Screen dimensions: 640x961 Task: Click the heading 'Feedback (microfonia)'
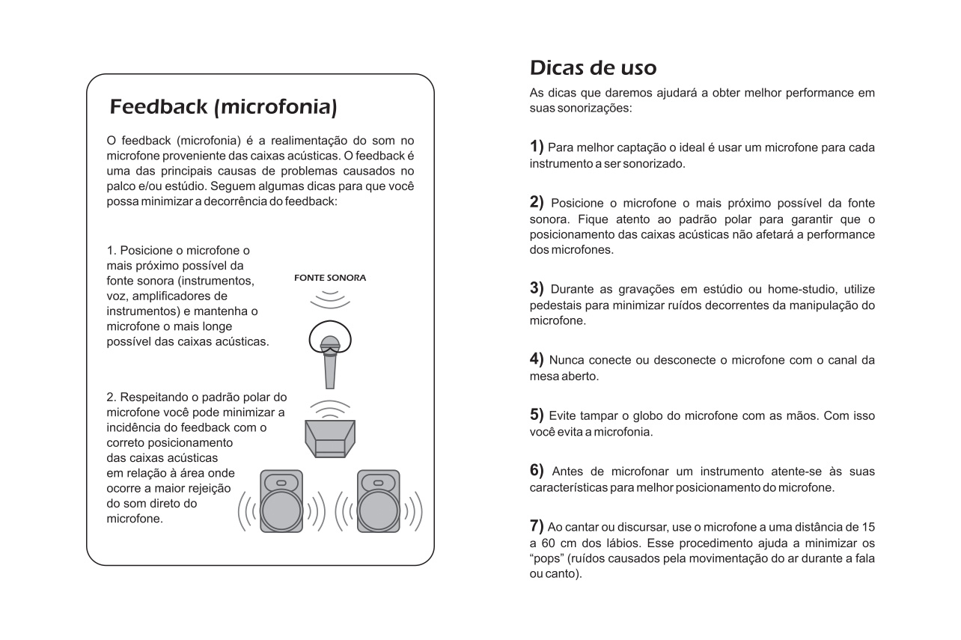(x=223, y=107)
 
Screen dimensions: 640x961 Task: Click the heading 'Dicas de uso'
(x=593, y=67)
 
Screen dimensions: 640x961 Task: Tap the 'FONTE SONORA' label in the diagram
(x=330, y=278)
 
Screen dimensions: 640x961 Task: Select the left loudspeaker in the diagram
(x=281, y=501)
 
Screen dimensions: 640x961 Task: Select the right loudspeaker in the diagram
(x=378, y=501)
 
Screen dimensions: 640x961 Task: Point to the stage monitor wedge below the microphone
(x=330, y=439)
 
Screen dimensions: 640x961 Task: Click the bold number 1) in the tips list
(x=537, y=146)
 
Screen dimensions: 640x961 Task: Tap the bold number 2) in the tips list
(x=537, y=202)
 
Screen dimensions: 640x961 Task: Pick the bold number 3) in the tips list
(x=537, y=288)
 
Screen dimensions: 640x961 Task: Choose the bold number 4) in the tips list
(x=537, y=359)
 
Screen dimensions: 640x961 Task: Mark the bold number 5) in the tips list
(x=537, y=415)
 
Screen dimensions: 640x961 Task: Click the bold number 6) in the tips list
(x=537, y=471)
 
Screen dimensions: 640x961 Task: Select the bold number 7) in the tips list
(x=537, y=527)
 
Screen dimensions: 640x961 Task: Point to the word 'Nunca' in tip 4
(x=567, y=360)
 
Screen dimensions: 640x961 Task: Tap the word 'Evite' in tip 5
(x=563, y=416)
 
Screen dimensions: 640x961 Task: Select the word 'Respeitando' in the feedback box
(x=154, y=397)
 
